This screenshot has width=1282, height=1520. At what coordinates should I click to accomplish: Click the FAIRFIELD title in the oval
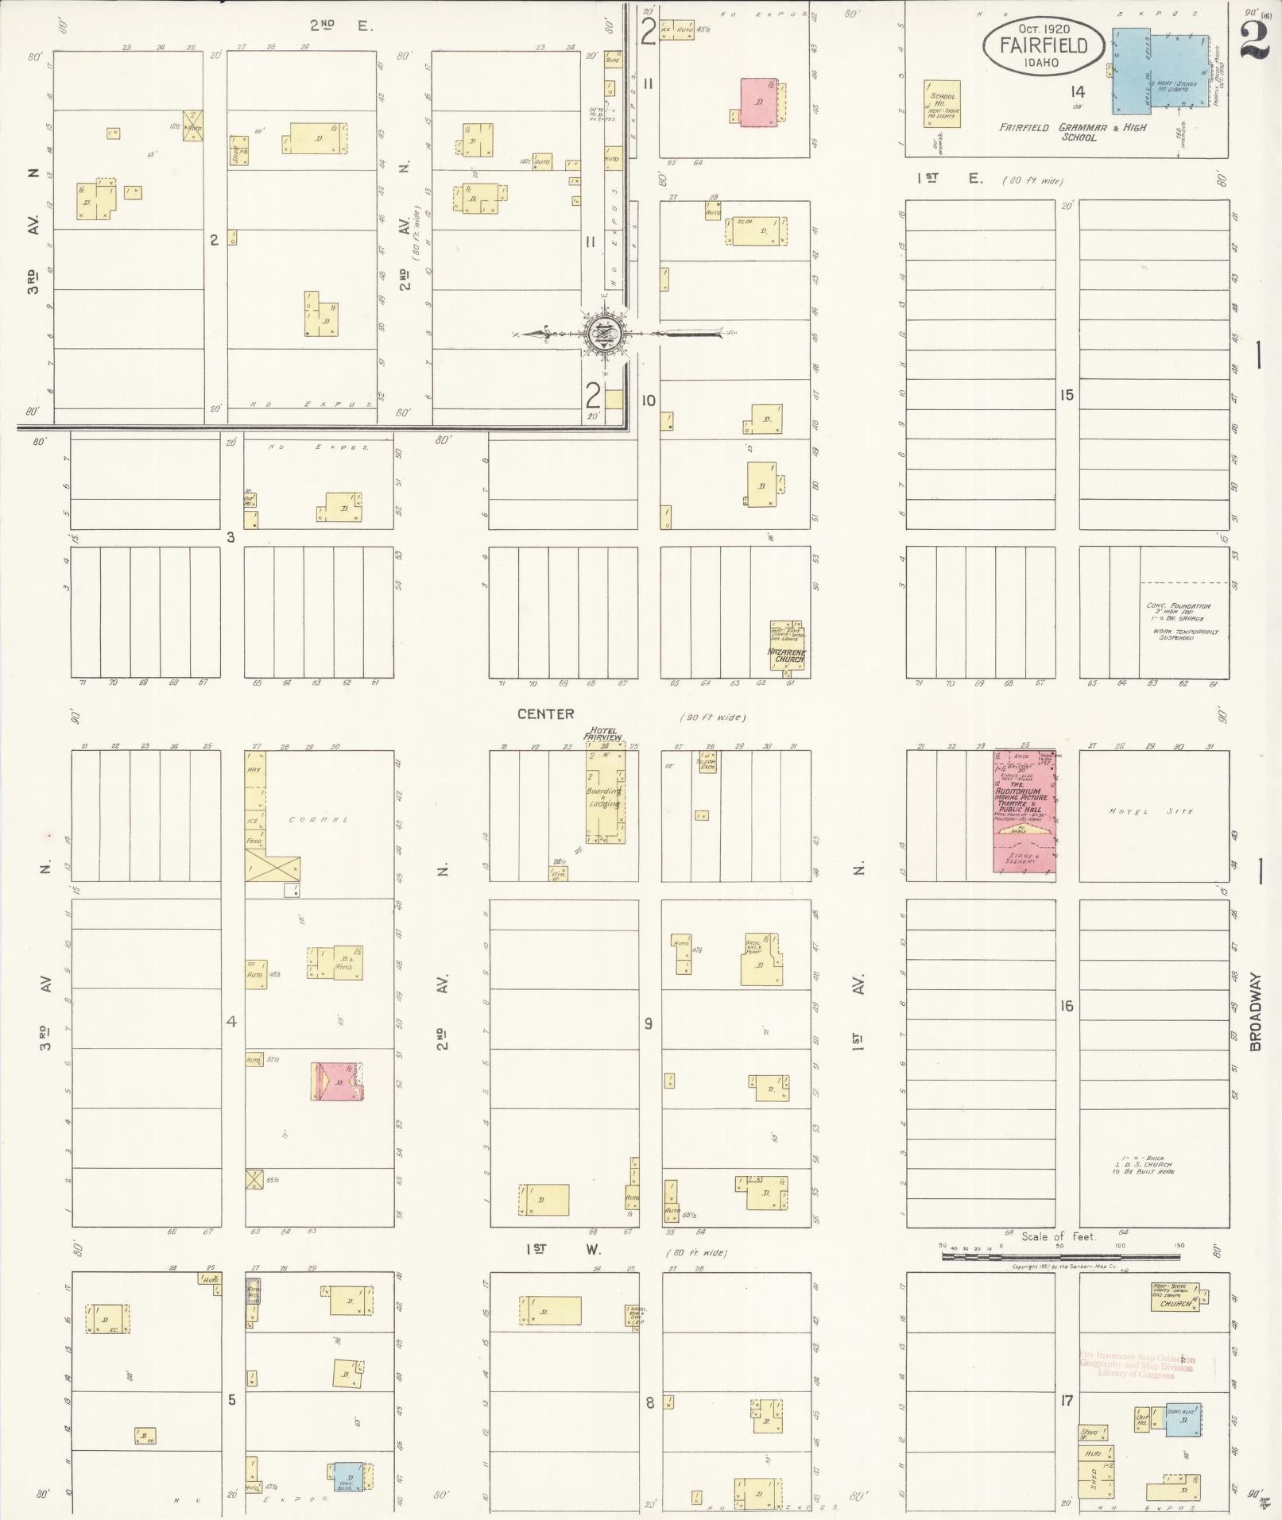pyautogui.click(x=1044, y=46)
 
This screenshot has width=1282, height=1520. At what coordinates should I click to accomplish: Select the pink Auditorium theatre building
pyautogui.click(x=1024, y=811)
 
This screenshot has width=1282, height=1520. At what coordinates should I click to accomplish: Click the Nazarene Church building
pyautogui.click(x=787, y=645)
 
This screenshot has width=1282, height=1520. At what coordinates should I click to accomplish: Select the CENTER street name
pyautogui.click(x=545, y=714)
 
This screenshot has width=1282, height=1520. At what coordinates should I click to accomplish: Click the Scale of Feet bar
pyautogui.click(x=1060, y=1256)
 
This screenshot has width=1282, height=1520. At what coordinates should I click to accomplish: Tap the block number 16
pyautogui.click(x=1067, y=1006)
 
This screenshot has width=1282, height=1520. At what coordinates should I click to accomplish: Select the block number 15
pyautogui.click(x=1067, y=395)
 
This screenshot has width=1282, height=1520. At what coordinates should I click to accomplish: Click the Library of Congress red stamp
pyautogui.click(x=1137, y=1367)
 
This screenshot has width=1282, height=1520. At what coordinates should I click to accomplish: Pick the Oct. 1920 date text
pyautogui.click(x=1043, y=29)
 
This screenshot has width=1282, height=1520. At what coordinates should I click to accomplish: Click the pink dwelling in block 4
pyautogui.click(x=338, y=1081)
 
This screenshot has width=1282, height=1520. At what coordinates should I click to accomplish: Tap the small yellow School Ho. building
pyautogui.click(x=943, y=103)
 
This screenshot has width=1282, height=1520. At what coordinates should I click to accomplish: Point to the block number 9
pyautogui.click(x=649, y=1023)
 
